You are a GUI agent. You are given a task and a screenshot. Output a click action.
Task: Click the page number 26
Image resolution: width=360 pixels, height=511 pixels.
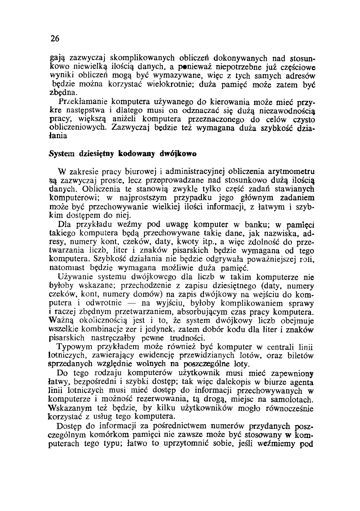click(54, 39)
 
